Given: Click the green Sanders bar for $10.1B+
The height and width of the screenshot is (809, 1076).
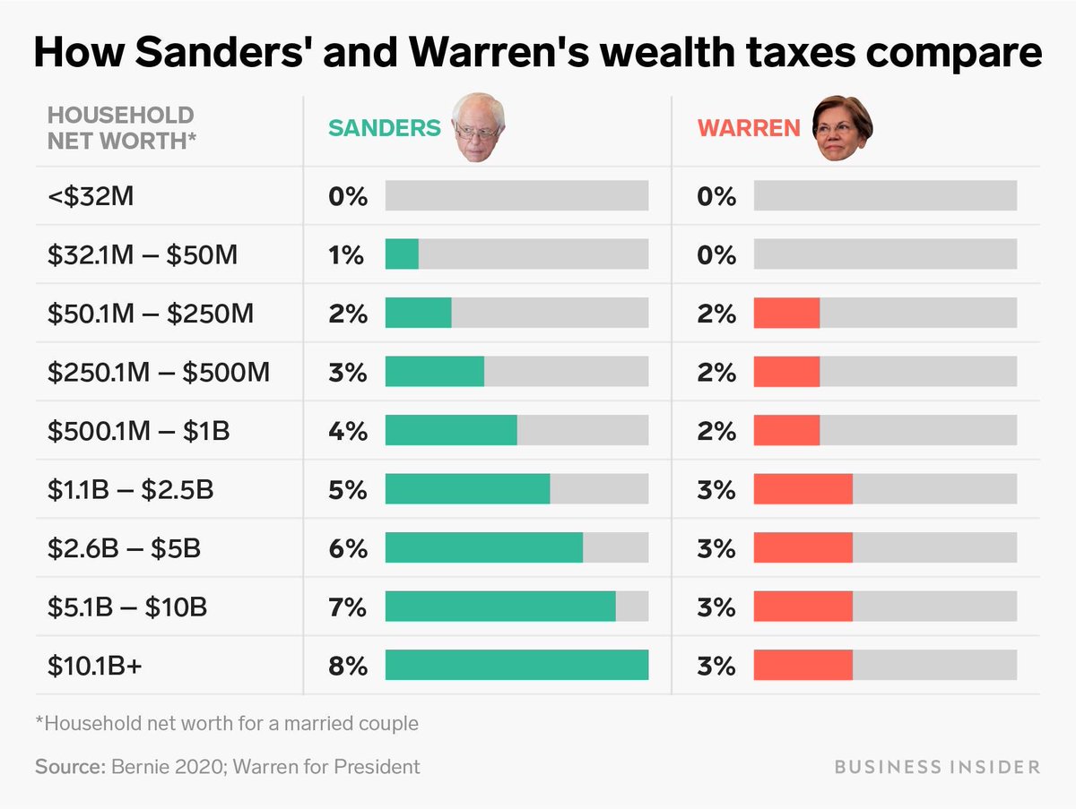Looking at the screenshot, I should [516, 666].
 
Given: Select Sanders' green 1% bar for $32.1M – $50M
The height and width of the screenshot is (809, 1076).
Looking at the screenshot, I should [402, 254].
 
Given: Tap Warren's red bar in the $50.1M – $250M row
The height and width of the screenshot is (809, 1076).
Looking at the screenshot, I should [786, 314].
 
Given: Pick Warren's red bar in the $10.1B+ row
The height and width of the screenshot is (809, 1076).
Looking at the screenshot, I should [803, 666].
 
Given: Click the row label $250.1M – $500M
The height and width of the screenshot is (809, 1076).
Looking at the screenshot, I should [159, 372].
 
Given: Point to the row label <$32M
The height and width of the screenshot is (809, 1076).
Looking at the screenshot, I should [91, 196].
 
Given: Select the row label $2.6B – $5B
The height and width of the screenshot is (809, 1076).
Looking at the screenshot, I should [124, 548].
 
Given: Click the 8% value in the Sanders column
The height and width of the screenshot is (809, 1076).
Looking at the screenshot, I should [348, 667].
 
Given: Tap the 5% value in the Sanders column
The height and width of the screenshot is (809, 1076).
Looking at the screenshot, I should [348, 490].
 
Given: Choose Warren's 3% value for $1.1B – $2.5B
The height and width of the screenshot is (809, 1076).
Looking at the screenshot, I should [716, 490].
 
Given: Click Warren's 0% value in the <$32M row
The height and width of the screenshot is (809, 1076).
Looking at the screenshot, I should [716, 196].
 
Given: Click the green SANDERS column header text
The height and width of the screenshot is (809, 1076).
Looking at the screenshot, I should [385, 128].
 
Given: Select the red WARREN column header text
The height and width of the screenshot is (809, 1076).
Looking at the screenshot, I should [749, 128].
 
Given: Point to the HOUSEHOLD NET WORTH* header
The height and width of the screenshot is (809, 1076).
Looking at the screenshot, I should [120, 127].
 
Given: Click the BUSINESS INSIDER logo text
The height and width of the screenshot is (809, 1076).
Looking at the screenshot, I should [937, 767].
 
